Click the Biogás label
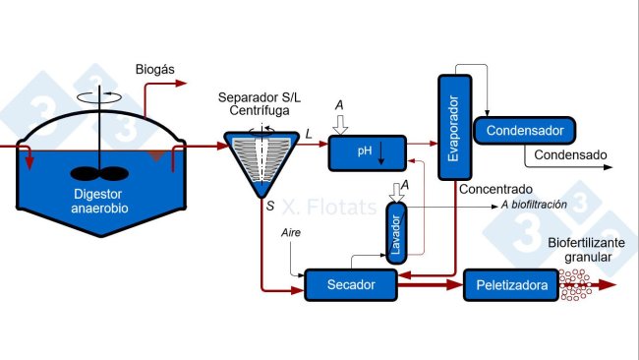pyautogui.click(x=153, y=69)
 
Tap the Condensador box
pyautogui.click(x=524, y=130)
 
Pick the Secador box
pyautogui.click(x=350, y=284)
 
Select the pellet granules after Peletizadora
pyautogui.click(x=575, y=284)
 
